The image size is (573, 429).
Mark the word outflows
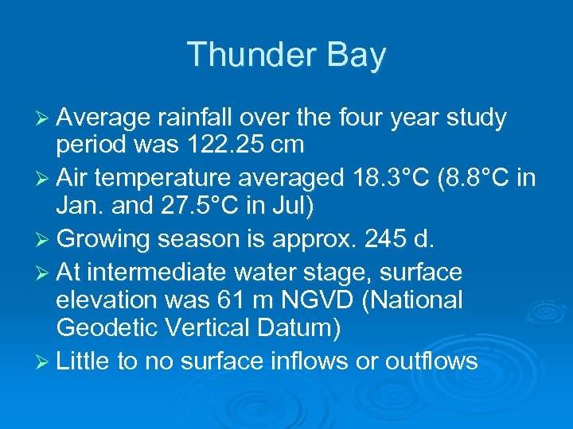pyautogui.click(x=431, y=362)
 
